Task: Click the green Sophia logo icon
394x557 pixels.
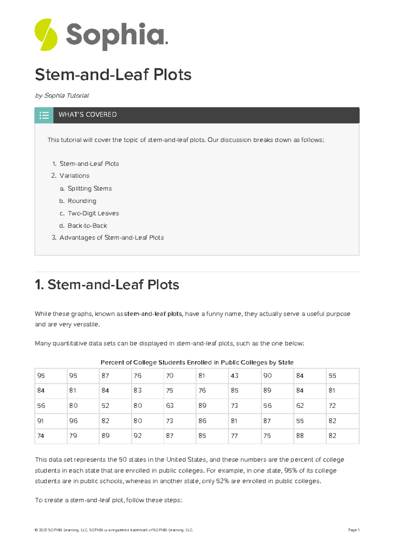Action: tap(46, 35)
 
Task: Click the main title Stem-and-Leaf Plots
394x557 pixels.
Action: tap(113, 75)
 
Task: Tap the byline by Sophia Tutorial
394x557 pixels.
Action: tap(62, 95)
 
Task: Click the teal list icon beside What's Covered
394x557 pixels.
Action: tap(44, 115)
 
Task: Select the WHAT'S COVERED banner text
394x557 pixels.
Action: tap(87, 114)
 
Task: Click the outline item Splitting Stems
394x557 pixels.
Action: tap(89, 188)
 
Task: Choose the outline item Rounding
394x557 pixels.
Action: tap(82, 201)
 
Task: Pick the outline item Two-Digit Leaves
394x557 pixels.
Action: tap(93, 213)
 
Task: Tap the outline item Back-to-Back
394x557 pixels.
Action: tap(87, 226)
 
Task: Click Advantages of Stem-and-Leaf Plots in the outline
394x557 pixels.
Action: tap(111, 237)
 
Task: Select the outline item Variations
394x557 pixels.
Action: tap(74, 175)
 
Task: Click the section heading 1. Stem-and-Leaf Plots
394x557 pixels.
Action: tap(107, 285)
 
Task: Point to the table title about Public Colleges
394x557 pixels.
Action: tap(197, 362)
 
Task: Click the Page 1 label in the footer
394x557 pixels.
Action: tap(354, 530)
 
